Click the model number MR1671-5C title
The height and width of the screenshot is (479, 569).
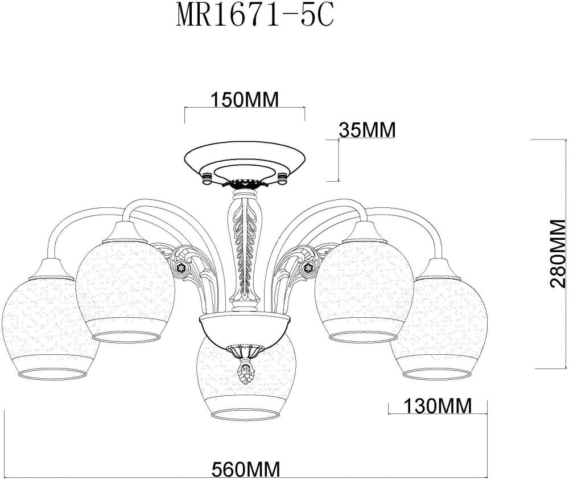tap(254, 17)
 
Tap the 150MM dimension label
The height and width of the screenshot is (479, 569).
tap(245, 100)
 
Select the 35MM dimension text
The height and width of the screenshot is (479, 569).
tap(366, 130)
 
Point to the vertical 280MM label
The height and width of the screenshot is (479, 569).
tap(559, 255)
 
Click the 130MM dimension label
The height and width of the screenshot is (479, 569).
tap(438, 406)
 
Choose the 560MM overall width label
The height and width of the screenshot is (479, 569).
tap(246, 469)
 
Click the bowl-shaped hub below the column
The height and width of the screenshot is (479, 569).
tap(245, 330)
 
